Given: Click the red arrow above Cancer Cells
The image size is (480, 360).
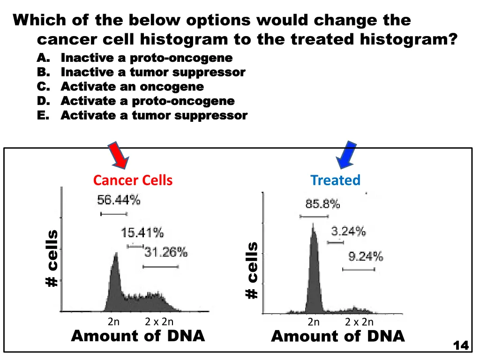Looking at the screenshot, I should [x=120, y=155].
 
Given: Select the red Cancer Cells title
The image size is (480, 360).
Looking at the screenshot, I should [x=133, y=180].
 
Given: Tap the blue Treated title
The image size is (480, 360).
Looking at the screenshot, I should [x=335, y=180].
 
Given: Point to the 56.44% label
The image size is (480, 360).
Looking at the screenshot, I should [x=119, y=200].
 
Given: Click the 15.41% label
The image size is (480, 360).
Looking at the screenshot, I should [x=142, y=232].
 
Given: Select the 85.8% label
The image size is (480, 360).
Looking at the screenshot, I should [x=322, y=204].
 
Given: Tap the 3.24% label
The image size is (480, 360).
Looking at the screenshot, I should [x=348, y=231].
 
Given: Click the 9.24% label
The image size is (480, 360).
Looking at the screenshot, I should [x=366, y=256].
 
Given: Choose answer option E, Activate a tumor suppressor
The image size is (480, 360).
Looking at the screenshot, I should [x=154, y=115].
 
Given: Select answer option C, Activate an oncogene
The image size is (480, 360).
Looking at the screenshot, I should [x=132, y=87].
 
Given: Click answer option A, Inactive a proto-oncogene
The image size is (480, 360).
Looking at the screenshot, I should [x=146, y=58].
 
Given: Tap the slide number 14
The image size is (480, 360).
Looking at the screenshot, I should [x=461, y=345].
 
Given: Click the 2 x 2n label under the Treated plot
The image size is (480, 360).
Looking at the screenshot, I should [x=359, y=322].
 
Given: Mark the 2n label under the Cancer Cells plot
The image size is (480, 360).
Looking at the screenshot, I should [x=113, y=322].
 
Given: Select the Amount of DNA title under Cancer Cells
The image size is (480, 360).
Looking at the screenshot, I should [x=138, y=336].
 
